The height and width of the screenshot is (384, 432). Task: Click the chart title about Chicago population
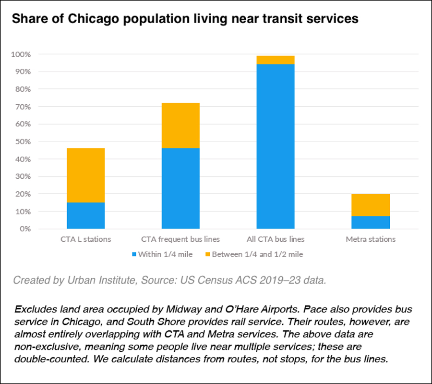pyautogui.click(x=185, y=19)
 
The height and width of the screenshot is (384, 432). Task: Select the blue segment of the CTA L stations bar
pyautogui.click(x=85, y=215)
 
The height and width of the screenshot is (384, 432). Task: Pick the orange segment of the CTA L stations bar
pyautogui.click(x=85, y=175)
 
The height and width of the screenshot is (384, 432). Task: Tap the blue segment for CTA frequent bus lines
pyautogui.click(x=180, y=188)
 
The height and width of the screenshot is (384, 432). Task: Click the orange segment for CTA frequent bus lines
pyautogui.click(x=180, y=125)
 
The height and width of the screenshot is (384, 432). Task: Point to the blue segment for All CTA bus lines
pyautogui.click(x=276, y=147)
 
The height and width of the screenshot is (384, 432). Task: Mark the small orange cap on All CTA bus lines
pyautogui.click(x=276, y=60)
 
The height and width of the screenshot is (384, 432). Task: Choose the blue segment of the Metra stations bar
pyautogui.click(x=371, y=223)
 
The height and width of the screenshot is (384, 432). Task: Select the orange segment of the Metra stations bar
pyautogui.click(x=371, y=205)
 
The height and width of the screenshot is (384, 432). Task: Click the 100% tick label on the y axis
pyautogui.click(x=21, y=54)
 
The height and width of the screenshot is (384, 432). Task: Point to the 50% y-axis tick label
pyautogui.click(x=22, y=142)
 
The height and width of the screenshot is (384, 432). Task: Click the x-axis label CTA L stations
pyautogui.click(x=85, y=239)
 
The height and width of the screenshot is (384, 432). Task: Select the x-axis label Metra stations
pyautogui.click(x=371, y=239)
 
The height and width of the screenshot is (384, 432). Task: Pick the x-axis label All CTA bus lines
pyautogui.click(x=276, y=239)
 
